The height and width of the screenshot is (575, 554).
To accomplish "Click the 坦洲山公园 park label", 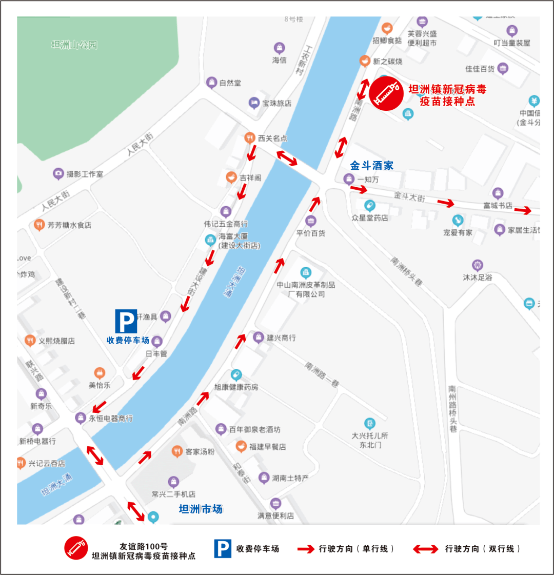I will pyautogui.click(x=74, y=45).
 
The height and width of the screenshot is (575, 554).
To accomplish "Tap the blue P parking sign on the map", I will pyautogui.click(x=126, y=321).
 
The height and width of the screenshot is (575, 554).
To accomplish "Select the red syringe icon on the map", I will pyautogui.click(x=386, y=93).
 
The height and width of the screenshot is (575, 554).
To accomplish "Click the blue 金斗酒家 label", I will pyautogui.click(x=372, y=166).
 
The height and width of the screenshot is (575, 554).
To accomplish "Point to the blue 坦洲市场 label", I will pyautogui.click(x=201, y=509).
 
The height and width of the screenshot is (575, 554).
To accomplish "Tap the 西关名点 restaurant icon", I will pyautogui.click(x=249, y=137).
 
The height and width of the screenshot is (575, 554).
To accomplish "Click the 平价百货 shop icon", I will pyautogui.click(x=310, y=222).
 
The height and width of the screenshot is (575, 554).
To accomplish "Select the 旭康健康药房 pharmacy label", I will pyautogui.click(x=236, y=387).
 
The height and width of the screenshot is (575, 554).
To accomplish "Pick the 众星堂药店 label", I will pyautogui.click(x=370, y=218).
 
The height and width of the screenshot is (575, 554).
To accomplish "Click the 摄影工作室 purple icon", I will pyautogui.click(x=59, y=174).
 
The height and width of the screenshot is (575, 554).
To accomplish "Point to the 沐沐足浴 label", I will pyautogui.click(x=478, y=277).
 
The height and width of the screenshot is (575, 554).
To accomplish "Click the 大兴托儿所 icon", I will pyautogui.click(x=370, y=424).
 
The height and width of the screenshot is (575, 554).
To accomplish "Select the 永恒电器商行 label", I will pyautogui.click(x=111, y=419).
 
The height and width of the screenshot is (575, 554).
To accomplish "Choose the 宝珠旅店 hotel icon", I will pyautogui.click(x=254, y=103).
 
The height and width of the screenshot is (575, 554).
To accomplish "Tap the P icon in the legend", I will pyautogui.click(x=223, y=548).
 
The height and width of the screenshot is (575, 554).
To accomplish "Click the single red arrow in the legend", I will pyautogui.click(x=306, y=549).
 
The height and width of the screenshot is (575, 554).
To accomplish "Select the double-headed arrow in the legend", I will pyautogui.click(x=426, y=549).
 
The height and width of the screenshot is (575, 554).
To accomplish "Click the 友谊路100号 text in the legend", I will pyautogui.click(x=144, y=546).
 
